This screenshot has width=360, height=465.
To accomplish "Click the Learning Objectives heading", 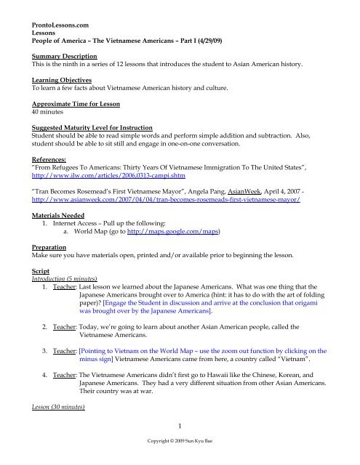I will coord(47,72).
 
